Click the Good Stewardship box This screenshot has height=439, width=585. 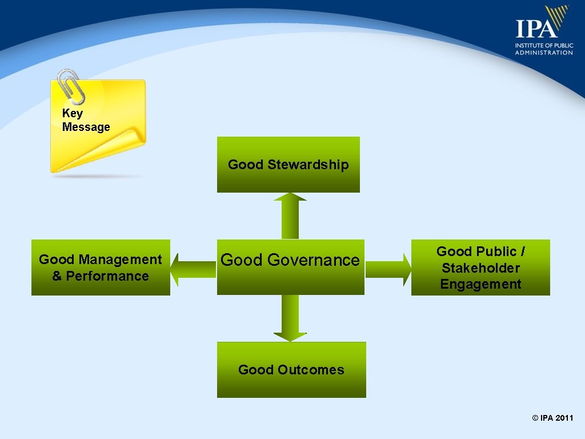pos(288,165)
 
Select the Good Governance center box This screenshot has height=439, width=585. pos(290,267)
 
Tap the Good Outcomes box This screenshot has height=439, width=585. pos(291,370)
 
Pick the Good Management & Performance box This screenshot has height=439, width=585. pos(101,268)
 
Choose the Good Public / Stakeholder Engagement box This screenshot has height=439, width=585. pos(480,268)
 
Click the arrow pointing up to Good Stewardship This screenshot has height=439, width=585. pos(290,215)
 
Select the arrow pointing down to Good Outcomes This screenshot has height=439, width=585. pos(290,318)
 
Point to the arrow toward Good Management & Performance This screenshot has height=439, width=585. pos(193,269)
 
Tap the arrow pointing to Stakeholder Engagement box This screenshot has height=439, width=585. pos(388,269)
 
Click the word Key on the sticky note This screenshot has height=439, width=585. pos(73,113)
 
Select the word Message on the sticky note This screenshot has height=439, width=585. pos(86,127)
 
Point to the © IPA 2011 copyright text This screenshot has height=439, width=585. pos(552,418)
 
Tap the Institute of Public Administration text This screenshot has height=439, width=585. pos(543,49)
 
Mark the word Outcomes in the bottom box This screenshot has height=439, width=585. pos(311,370)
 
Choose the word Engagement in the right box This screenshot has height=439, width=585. pos(480,284)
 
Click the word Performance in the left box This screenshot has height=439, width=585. pos(107,276)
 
